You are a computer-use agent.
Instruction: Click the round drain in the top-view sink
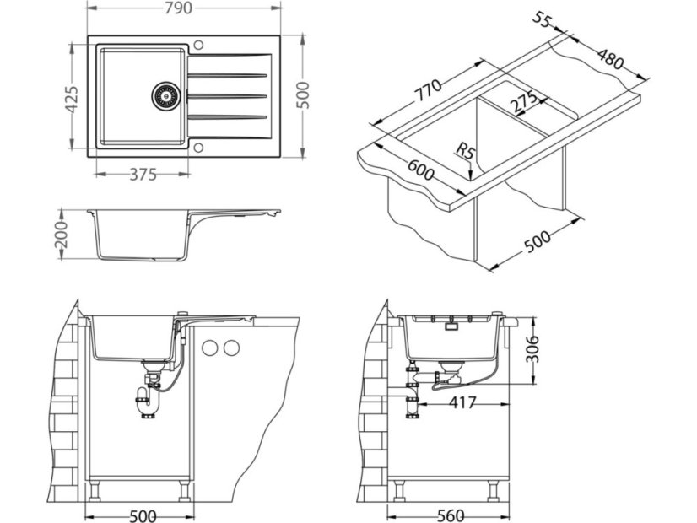point(165,94)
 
